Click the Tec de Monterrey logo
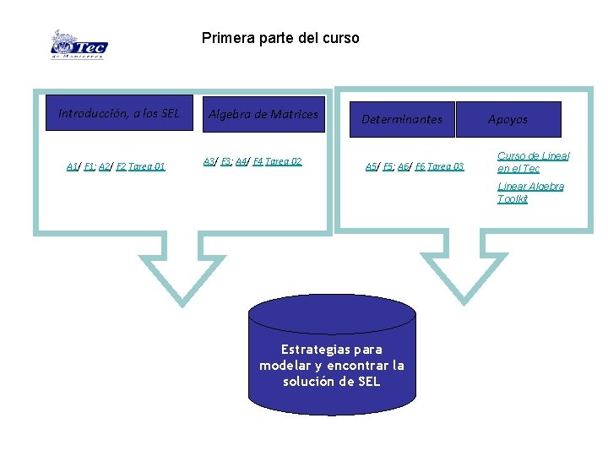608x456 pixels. (79, 45)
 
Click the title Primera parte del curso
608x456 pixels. (280, 38)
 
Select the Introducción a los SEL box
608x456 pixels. (119, 113)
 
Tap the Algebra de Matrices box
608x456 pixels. (263, 114)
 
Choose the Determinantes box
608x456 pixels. (402, 119)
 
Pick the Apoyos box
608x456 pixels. (508, 119)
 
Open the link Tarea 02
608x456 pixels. (284, 161)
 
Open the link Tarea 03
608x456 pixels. (446, 166)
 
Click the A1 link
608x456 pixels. (72, 166)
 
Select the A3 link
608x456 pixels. (209, 161)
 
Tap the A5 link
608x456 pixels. (371, 166)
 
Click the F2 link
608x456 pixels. (121, 166)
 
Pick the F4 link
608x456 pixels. (258, 161)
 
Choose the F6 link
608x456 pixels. (420, 166)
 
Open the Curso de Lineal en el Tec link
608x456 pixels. (533, 162)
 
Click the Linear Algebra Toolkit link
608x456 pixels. (530, 193)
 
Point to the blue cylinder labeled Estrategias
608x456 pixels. (332, 355)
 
